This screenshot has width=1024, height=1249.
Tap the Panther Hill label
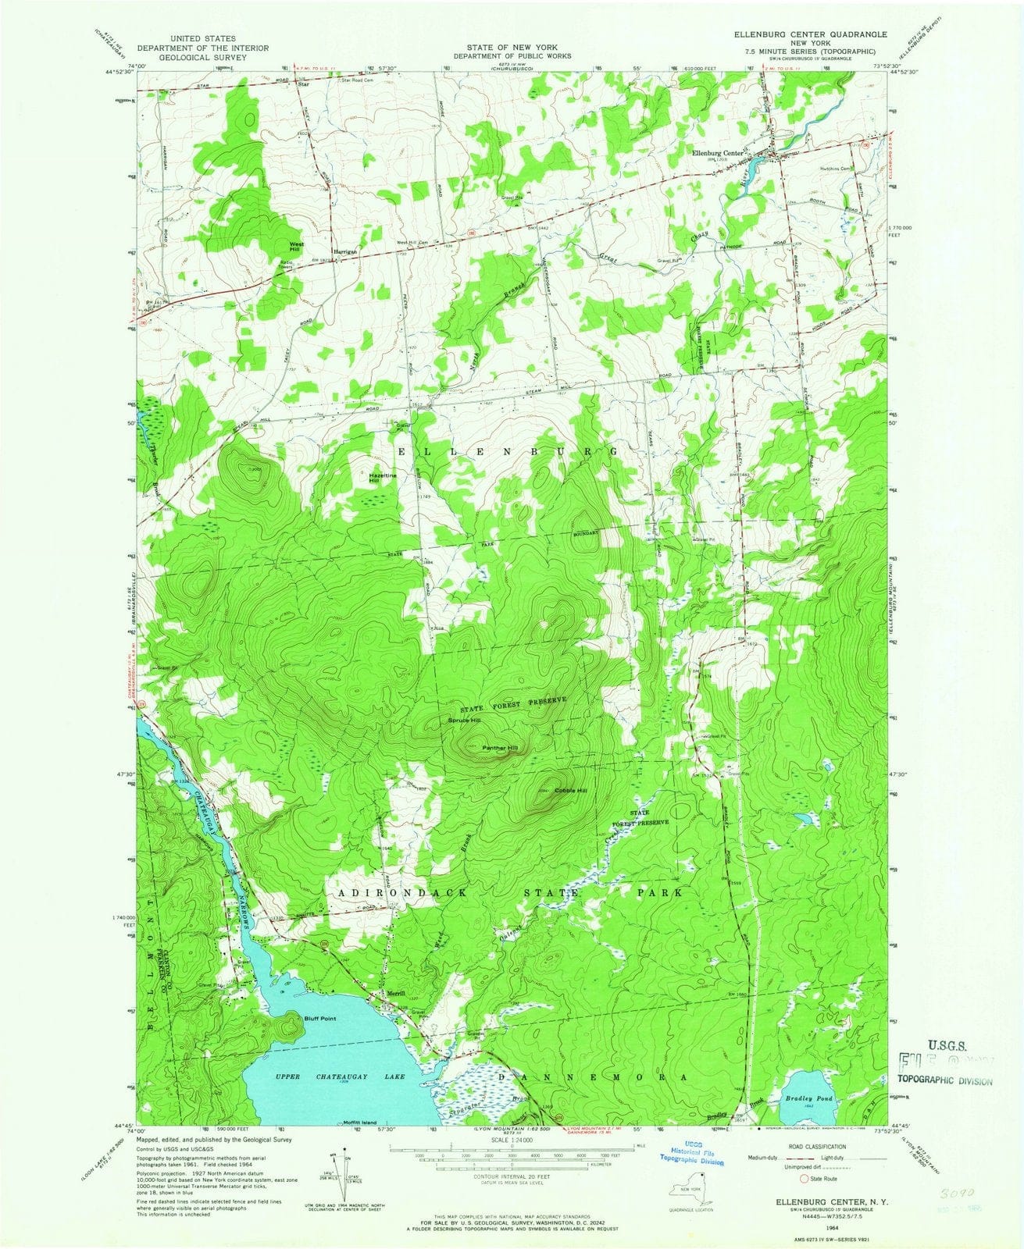tap(500, 749)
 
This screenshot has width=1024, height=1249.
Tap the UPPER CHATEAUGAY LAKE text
tap(341, 1077)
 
